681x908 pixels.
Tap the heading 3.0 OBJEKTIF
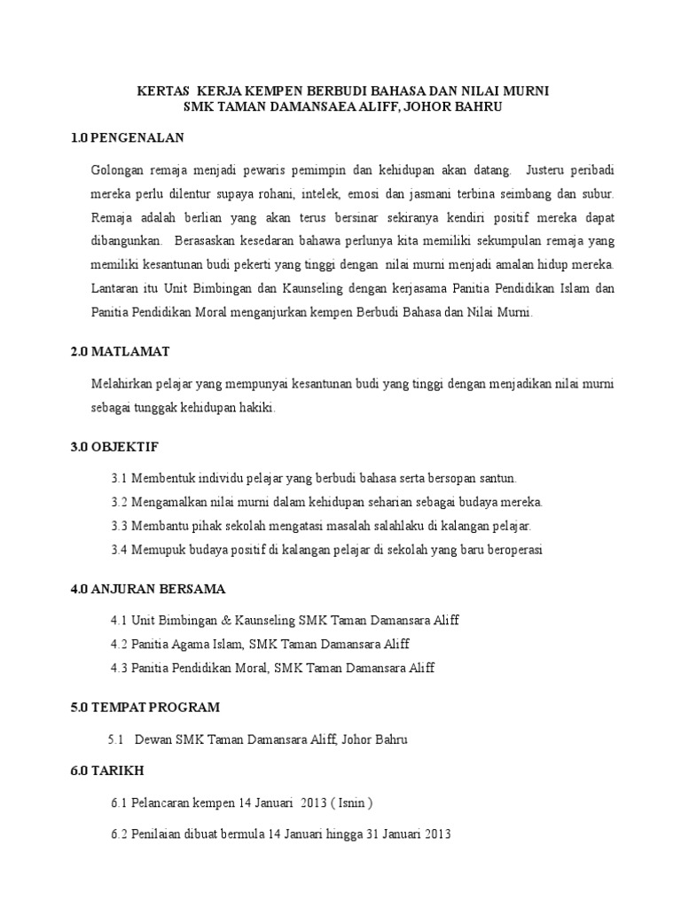115,445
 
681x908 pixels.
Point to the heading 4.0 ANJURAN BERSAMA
148,588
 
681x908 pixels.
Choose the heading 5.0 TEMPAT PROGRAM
145,707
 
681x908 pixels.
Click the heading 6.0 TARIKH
106,770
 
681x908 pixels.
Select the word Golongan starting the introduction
116,168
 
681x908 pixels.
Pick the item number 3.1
120,478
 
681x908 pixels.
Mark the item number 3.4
120,550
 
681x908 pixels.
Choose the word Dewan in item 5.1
151,739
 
